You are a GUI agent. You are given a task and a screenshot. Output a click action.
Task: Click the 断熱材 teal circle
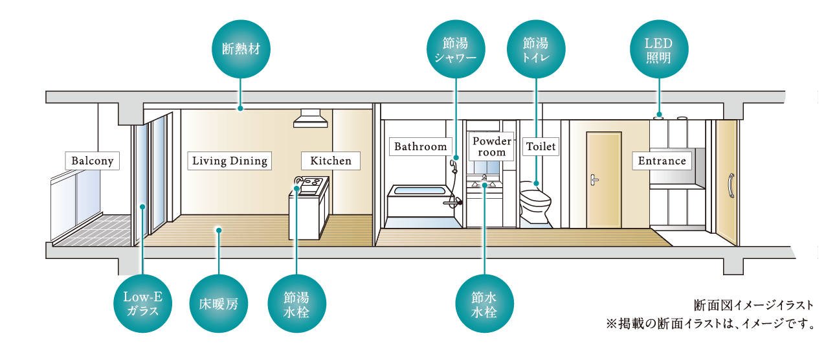(x=241, y=49)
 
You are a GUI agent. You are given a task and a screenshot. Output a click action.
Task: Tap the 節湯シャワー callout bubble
(x=456, y=49)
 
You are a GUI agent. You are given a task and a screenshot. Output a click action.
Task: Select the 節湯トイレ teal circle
(x=536, y=49)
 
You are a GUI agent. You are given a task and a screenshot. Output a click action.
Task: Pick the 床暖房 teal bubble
(x=219, y=302)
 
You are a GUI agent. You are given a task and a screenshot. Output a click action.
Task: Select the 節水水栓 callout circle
(x=484, y=302)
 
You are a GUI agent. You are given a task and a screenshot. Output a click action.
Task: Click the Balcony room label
(x=93, y=161)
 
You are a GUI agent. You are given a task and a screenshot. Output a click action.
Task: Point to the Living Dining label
(x=230, y=161)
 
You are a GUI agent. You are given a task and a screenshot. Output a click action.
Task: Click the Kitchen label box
(x=330, y=161)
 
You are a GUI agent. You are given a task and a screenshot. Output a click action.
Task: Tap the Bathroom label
(x=421, y=146)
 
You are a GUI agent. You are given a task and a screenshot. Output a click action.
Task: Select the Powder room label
(x=492, y=146)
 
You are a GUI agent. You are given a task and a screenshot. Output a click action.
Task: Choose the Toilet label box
(x=541, y=146)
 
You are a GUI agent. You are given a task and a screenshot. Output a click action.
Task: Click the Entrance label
(x=662, y=161)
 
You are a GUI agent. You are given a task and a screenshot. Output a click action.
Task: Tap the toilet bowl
(x=535, y=197)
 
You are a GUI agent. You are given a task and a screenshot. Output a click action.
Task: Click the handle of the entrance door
(x=731, y=185)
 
